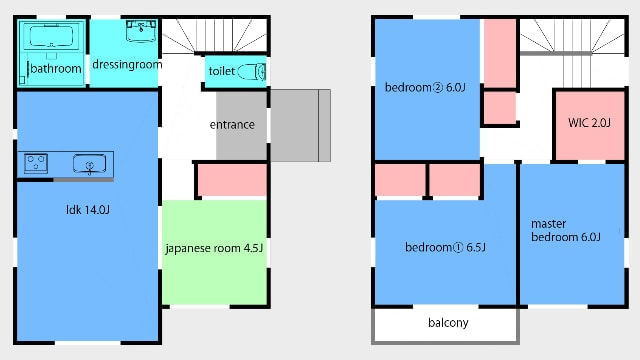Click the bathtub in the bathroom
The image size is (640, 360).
coord(51,36)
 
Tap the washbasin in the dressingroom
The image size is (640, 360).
coord(141,31)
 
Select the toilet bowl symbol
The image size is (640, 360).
coord(251,72)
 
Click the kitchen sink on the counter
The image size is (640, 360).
coord(89,164)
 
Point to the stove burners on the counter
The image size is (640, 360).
coord(36,163)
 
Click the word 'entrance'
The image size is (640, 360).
coord(232,124)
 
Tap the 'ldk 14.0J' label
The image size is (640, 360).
coord(88,210)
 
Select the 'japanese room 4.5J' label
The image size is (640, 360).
coord(214,248)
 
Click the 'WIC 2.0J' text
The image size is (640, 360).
coord(589,122)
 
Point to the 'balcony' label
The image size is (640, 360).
coord(448,323)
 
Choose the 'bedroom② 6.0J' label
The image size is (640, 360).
coord(425,87)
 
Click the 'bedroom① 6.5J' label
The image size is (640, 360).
coord(445,247)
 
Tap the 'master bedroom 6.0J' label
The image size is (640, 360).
coord(565,230)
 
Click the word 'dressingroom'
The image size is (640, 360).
coord(127,64)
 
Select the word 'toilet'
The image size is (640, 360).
coord(222,71)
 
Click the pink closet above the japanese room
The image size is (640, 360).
coord(232,180)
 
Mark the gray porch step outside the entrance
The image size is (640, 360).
coord(300,125)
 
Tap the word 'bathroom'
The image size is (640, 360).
coord(56,69)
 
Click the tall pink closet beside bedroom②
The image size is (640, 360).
coord(500,53)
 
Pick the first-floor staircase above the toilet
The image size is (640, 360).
coord(214,36)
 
